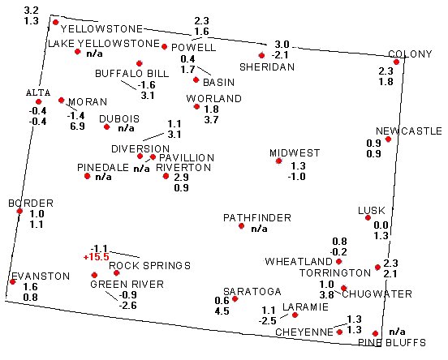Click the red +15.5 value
tap(97, 257)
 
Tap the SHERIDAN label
tap(267, 67)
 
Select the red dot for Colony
tap(396, 62)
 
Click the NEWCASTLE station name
tap(409, 131)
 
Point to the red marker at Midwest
tap(279, 161)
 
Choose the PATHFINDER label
tap(257, 218)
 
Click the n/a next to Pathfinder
tap(259, 229)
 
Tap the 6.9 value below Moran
tap(77, 126)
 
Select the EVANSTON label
tap(41, 276)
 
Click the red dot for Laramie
tap(295, 315)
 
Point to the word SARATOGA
tap(252, 291)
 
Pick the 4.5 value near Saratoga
tap(222, 311)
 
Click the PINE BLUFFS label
tap(392, 342)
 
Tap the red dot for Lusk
tap(368, 218)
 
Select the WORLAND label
tap(214, 99)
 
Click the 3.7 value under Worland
tap(212, 120)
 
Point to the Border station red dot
tap(19, 212)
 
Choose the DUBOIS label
tap(119, 118)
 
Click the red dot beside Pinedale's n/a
tap(88, 176)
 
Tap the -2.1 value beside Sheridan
tap(280, 55)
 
